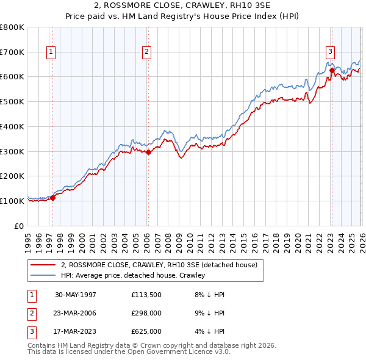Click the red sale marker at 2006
point(148,152)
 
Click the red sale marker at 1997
point(53,197)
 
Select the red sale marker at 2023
point(332,70)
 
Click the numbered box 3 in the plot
point(330,52)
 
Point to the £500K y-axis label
point(12,101)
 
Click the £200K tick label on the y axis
point(12,176)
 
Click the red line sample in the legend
point(43,265)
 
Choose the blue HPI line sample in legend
point(43,275)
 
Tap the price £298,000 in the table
point(146,313)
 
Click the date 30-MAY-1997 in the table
point(76,295)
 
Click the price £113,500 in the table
point(146,295)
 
